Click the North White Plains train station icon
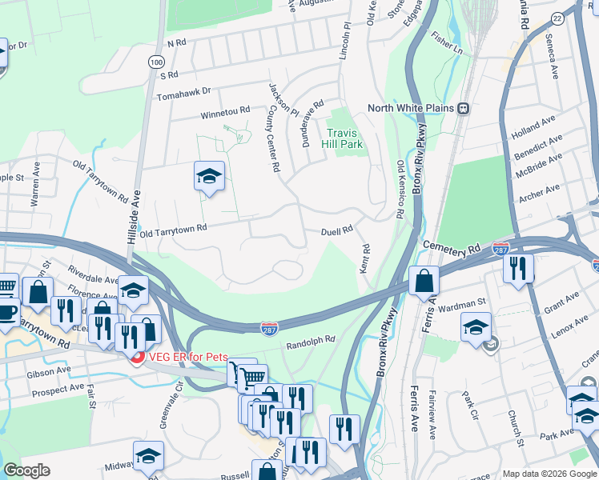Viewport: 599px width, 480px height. (x=463, y=109)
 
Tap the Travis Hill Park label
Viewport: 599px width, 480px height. (x=345, y=138)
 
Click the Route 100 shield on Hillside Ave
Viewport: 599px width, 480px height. (x=153, y=62)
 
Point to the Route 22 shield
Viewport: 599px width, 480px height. (x=579, y=18)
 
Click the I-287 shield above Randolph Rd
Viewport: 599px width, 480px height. (x=269, y=329)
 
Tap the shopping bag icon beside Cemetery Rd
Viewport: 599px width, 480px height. (x=423, y=282)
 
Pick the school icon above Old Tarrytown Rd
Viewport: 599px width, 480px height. (x=209, y=176)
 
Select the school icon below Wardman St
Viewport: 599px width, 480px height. (x=476, y=327)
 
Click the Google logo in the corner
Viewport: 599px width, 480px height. (x=26, y=470)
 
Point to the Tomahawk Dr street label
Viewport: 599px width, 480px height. (x=185, y=91)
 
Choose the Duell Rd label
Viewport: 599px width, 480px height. (x=337, y=231)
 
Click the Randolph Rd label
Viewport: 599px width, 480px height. (x=311, y=342)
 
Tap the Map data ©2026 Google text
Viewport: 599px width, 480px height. (x=549, y=473)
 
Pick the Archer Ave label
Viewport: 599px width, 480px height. (x=540, y=193)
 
